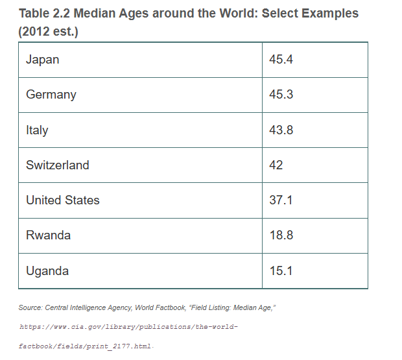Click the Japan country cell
pyautogui.click(x=42, y=60)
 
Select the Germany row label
pyautogui.click(x=51, y=95)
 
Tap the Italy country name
pyautogui.click(x=37, y=130)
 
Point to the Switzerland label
pyautogui.click(x=58, y=165)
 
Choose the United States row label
pyautogui.click(x=63, y=200)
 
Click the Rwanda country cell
pyautogui.click(x=48, y=235)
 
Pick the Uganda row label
pyautogui.click(x=47, y=271)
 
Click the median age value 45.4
pyautogui.click(x=281, y=60)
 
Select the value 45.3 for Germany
pyautogui.click(x=281, y=95)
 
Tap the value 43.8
pyautogui.click(x=281, y=130)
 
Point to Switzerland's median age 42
pyautogui.click(x=276, y=165)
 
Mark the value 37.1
pyautogui.click(x=281, y=200)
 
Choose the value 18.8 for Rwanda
pyautogui.click(x=281, y=235)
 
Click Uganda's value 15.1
pyautogui.click(x=281, y=271)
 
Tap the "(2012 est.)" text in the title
pyautogui.click(x=49, y=32)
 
